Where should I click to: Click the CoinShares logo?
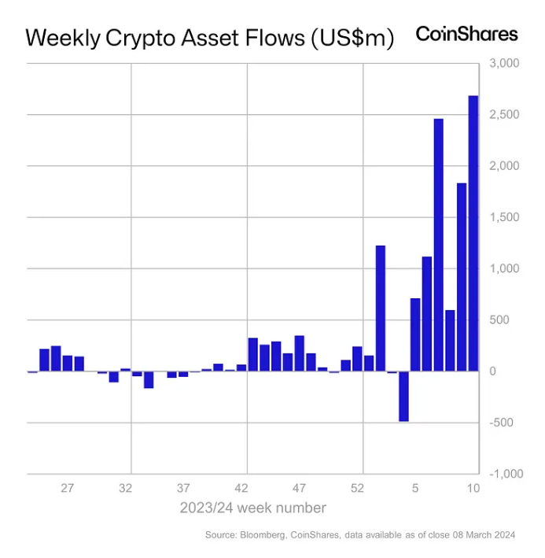coord(466,34)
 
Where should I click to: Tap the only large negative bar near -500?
coord(403,396)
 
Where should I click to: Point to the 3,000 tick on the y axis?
coord(504,63)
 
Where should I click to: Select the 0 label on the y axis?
coord(492,371)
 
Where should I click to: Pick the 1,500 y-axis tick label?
coord(504,217)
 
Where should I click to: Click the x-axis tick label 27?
coord(68,488)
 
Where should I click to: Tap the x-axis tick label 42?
coord(241,488)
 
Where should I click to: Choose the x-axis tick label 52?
coord(358,488)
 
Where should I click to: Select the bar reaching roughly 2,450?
coord(439,245)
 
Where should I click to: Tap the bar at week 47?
coord(300,353)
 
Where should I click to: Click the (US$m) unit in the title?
coord(347,39)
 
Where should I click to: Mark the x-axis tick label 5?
coord(416,488)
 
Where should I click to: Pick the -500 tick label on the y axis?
coord(501,423)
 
